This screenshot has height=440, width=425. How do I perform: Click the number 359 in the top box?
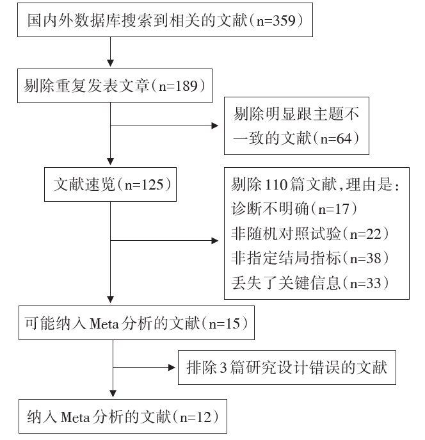coord(284,20)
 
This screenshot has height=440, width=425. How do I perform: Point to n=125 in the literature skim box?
coord(144,184)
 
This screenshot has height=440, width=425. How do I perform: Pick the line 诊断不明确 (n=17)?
coord(294,209)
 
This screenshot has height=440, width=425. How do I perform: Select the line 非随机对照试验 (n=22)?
coord(310,234)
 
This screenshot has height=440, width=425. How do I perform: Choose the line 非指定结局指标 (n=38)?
coord(310,258)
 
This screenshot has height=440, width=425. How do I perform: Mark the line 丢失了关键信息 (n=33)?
coord(310,283)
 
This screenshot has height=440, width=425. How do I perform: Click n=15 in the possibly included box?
coord(225,323)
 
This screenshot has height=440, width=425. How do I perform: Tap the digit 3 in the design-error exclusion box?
coord(223,368)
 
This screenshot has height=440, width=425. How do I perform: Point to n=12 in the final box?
coord(195,417)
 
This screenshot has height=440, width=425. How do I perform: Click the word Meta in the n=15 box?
coord(104,323)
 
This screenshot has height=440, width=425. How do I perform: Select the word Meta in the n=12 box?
coord(75,418)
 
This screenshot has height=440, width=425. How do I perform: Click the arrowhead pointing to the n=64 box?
coord(215,126)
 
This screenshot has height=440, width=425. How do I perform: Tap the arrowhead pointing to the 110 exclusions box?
coord(215,240)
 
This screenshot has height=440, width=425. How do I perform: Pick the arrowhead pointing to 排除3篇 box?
coord(172,368)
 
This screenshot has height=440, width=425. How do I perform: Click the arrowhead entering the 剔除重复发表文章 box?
coord(111,63)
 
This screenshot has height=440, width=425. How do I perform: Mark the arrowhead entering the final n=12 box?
coord(113,393)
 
